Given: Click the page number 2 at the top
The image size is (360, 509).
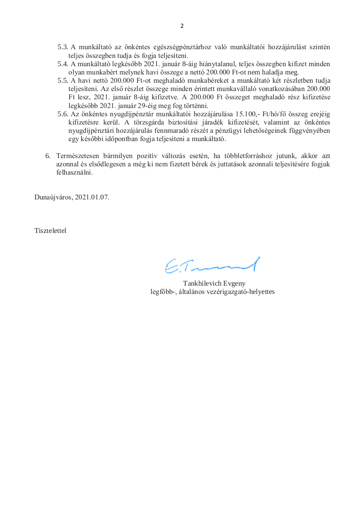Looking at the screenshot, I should pos(182,26).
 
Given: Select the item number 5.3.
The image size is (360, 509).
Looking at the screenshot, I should pos(63,47).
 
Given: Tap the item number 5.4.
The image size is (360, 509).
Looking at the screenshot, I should pos(63,64).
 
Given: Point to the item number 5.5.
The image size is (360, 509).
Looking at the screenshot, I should pos(63,81).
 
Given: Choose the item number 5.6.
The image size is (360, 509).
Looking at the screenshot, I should pos(63,114).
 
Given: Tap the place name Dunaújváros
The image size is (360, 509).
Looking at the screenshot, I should pos(53,197).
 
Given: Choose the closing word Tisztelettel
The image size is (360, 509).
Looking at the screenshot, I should pos(50,230).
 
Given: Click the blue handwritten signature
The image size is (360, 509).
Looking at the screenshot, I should pos(212,265).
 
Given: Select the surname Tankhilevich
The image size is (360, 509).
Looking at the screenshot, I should pos(202,283).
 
